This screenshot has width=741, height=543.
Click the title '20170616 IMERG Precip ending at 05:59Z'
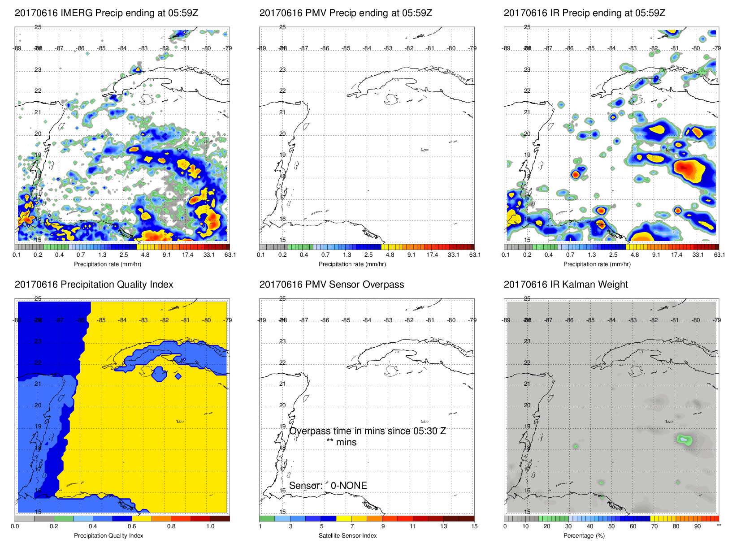tap(106, 13)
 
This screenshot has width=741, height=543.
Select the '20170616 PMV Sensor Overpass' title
tap(331, 284)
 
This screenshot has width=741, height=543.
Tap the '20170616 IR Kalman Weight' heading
tap(566, 284)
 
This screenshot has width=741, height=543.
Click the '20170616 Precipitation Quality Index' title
tap(94, 284)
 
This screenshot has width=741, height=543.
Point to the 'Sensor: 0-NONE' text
tap(328, 486)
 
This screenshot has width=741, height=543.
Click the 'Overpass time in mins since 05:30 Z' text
tap(367, 431)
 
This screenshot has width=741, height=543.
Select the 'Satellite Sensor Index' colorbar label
tap(347, 535)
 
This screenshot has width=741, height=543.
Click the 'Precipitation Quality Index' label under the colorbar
tap(108, 535)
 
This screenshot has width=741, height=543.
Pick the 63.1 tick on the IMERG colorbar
tap(230, 255)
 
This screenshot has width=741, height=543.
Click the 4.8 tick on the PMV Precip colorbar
tap(390, 255)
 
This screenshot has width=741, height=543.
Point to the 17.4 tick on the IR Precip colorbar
tap(676, 255)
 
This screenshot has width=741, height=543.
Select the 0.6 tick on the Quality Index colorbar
tap(132, 526)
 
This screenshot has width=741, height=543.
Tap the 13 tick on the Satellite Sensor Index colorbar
tap(443, 526)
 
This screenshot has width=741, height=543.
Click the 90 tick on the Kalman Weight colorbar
tap(697, 526)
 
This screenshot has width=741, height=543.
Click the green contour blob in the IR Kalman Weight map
tap(684, 440)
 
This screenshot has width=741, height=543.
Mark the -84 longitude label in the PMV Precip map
tap(367, 48)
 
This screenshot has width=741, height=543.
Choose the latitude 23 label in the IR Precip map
tap(527, 70)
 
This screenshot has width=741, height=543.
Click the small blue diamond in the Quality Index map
tap(178, 376)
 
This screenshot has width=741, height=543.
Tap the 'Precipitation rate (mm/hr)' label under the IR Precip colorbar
tap(597, 264)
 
